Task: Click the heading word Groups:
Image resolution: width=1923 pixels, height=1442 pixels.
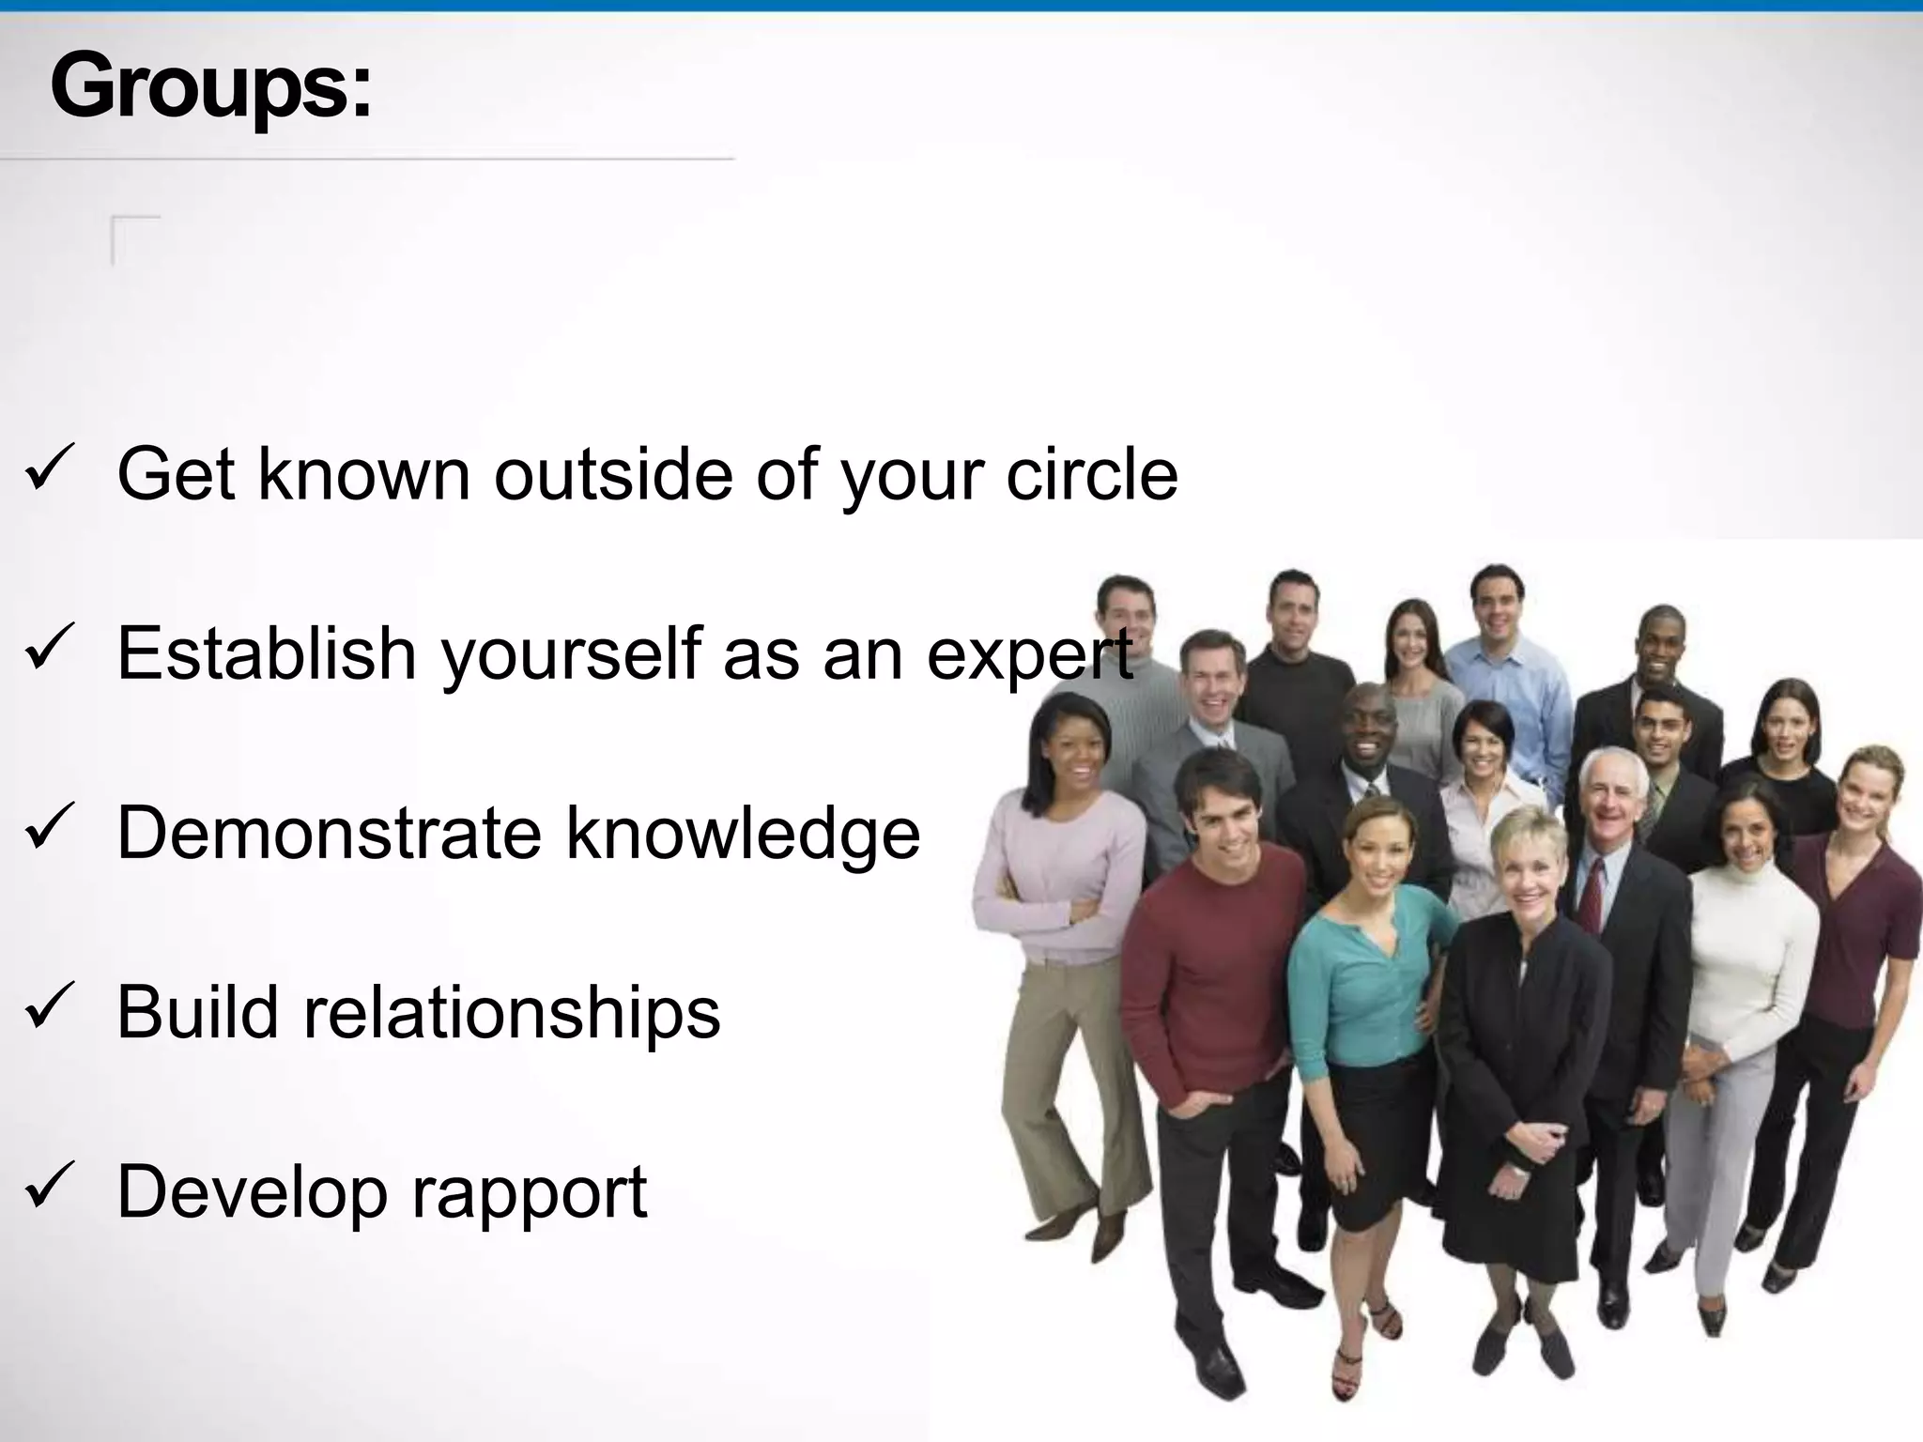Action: click(x=211, y=87)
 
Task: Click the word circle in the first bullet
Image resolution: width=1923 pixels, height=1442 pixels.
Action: click(x=1091, y=474)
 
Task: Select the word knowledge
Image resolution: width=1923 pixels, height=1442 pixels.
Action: click(x=743, y=834)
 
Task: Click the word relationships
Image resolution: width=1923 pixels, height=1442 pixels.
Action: click(x=512, y=1012)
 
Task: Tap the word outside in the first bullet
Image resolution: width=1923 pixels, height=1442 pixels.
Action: click(x=613, y=474)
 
